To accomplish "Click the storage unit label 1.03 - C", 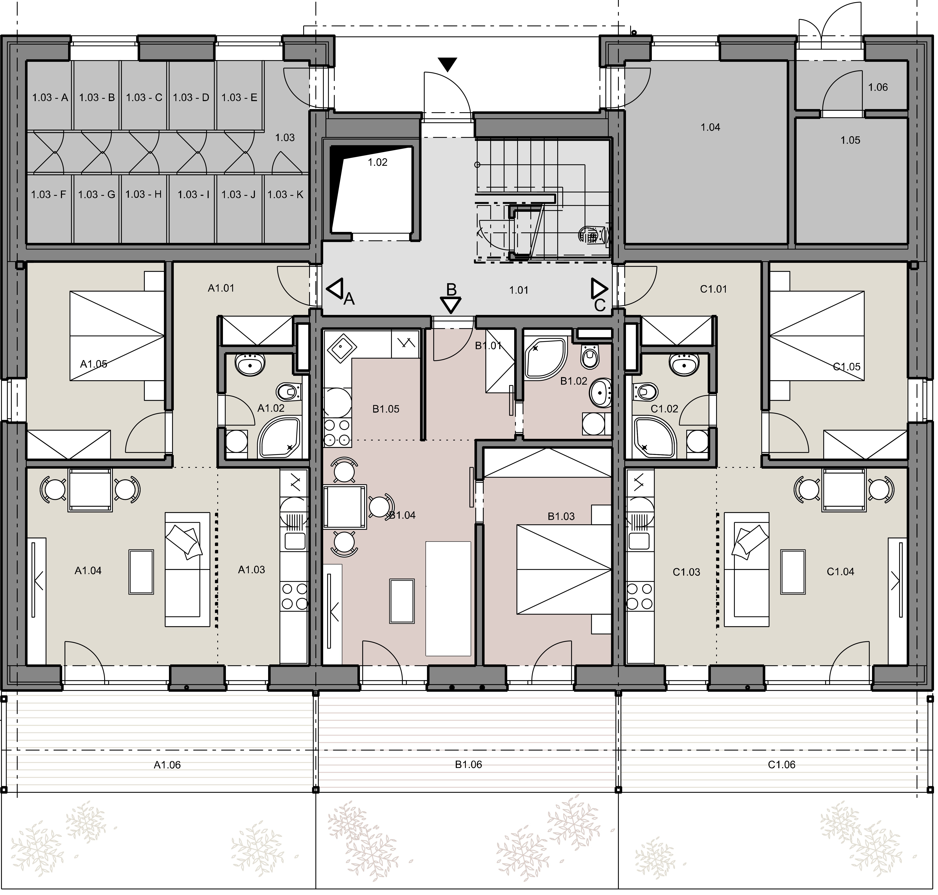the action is tap(144, 97).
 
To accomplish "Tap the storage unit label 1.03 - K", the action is tap(286, 195).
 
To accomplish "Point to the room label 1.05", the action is tap(850, 140).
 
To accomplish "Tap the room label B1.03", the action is tap(561, 516).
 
